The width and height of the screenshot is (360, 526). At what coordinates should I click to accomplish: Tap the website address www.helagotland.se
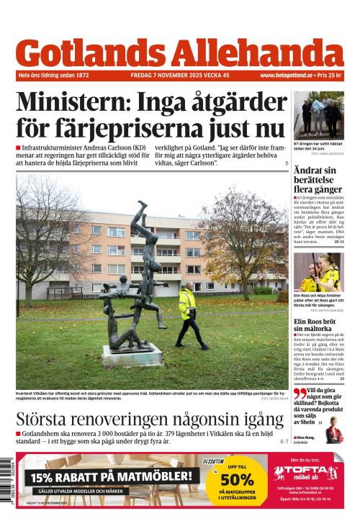286,75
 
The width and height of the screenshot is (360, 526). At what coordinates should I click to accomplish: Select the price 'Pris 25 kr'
330,75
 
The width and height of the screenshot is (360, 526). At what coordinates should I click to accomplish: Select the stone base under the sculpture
132,354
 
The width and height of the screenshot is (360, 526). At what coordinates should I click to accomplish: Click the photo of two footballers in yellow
318,271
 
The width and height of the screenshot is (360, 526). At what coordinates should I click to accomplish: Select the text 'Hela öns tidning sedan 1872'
54,75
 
